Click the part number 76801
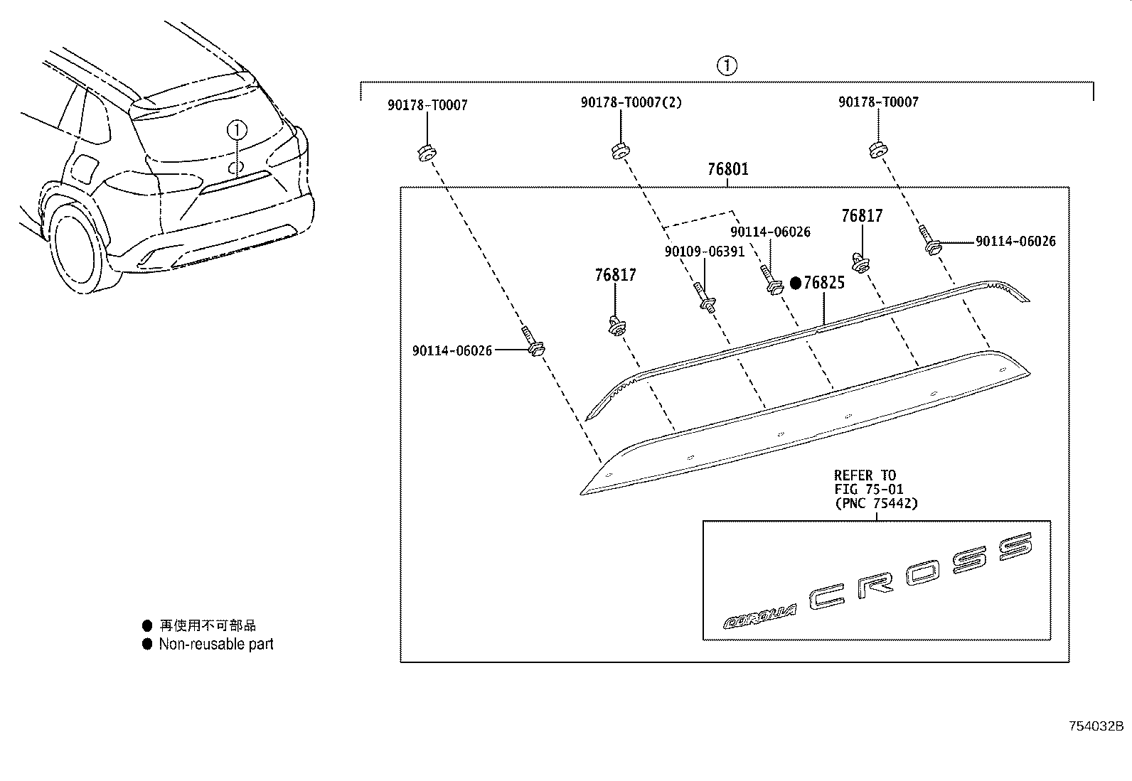point(727,170)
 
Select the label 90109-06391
point(705,252)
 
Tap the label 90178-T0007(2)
point(631,102)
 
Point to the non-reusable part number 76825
point(824,283)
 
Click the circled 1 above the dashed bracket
point(727,67)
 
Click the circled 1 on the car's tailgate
point(237,130)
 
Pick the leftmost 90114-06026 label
point(452,350)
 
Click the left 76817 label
point(615,275)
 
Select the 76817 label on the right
point(862,216)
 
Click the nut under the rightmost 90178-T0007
point(877,150)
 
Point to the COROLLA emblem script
point(759,620)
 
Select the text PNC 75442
point(876,503)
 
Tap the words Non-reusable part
point(216,645)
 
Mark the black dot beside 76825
point(796,284)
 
